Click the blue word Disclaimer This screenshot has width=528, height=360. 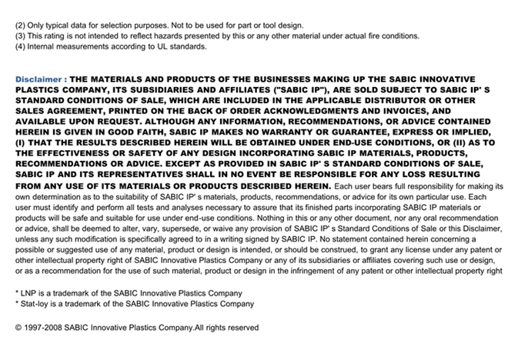tap(38, 79)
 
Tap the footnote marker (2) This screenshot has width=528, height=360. tap(21, 25)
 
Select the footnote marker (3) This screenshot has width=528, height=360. tap(21, 36)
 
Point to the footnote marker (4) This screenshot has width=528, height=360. tap(21, 47)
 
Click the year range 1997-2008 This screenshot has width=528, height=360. tap(44, 328)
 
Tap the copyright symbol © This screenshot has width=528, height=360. tap(18, 328)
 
